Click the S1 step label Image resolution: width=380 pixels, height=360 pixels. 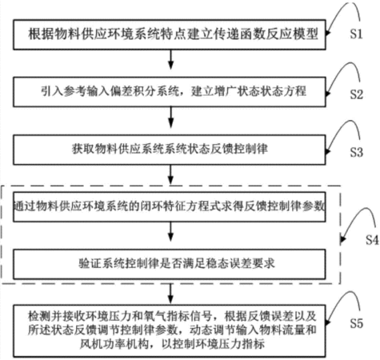[356, 34]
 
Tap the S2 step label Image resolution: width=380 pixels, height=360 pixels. [356, 94]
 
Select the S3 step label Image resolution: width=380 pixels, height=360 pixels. [356, 152]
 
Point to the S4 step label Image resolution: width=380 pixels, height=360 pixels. [372, 240]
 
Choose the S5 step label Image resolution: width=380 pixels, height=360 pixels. [356, 323]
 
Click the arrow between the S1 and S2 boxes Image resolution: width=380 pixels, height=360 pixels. [170, 59]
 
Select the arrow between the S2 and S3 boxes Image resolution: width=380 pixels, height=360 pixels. [170, 117]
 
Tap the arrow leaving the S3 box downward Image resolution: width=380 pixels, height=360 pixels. [170, 174]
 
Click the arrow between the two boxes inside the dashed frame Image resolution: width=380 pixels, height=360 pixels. [170, 232]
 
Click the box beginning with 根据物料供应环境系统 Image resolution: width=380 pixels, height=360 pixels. [170, 34]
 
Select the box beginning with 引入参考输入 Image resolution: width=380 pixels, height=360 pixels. [170, 92]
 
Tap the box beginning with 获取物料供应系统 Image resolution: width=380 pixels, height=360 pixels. [170, 150]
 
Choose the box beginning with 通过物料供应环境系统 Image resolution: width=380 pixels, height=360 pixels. [170, 206]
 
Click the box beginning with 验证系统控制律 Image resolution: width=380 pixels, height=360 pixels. [170, 264]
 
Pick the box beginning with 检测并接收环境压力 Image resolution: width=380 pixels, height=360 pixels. [170, 331]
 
